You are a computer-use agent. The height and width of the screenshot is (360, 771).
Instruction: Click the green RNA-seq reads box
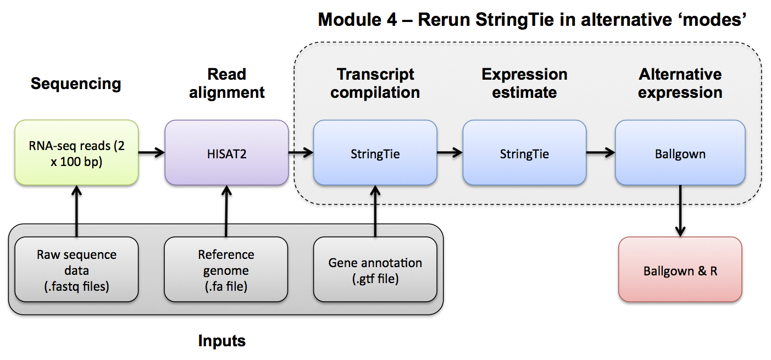click(76, 153)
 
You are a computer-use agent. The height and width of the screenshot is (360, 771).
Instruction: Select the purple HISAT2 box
click(226, 153)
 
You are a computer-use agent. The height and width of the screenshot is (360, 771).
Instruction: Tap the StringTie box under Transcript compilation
click(375, 153)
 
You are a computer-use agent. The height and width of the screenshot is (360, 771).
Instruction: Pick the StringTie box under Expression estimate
click(524, 153)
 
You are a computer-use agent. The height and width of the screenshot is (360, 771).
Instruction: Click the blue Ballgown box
click(680, 153)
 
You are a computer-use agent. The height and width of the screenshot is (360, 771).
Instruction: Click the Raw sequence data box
click(76, 269)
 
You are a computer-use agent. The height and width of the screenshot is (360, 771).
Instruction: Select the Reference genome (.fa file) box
click(226, 269)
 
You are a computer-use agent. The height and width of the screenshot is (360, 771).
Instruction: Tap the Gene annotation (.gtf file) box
click(375, 269)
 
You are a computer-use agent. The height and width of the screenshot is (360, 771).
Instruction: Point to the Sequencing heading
click(76, 84)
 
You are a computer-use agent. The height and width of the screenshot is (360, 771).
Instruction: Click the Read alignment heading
click(226, 83)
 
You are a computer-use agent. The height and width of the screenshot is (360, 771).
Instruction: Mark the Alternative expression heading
click(680, 83)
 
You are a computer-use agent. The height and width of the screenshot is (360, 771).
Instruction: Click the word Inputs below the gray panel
click(221, 341)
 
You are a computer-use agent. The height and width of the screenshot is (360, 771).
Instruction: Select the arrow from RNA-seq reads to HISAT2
click(152, 153)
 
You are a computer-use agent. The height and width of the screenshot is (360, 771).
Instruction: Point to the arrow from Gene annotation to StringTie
click(375, 211)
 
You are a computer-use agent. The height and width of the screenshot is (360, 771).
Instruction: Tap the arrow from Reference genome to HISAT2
click(226, 211)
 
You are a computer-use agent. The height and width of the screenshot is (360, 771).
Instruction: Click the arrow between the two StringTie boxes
click(450, 153)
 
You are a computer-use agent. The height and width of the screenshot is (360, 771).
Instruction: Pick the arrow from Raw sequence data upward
click(76, 211)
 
